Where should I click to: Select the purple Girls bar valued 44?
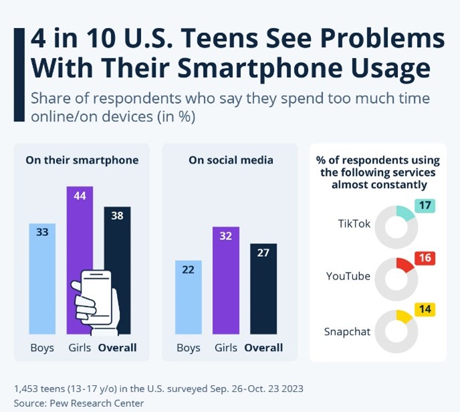[x=80, y=227]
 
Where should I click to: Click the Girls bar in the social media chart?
[x=226, y=280]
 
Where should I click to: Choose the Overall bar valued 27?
[x=263, y=288]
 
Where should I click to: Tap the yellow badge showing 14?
[x=425, y=310]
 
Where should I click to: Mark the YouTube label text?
[x=348, y=276]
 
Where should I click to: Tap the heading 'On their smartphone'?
[x=82, y=161]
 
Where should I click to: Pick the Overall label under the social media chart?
[x=263, y=348]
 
